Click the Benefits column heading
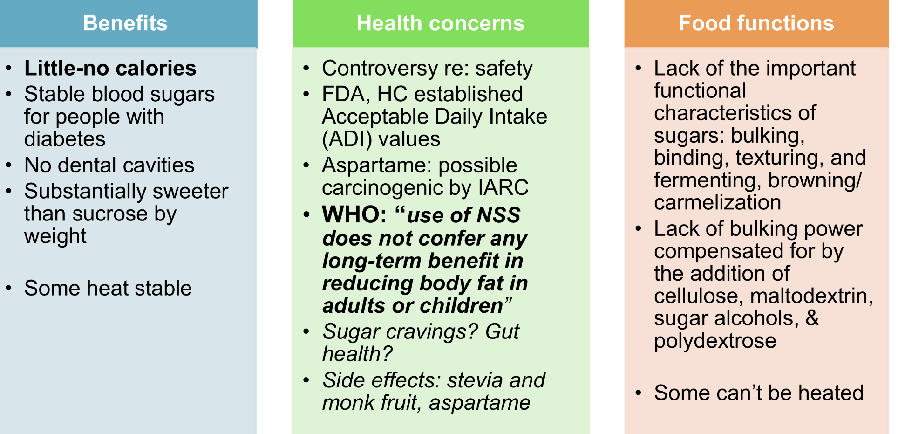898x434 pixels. [x=125, y=23]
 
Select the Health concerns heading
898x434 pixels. [x=440, y=23]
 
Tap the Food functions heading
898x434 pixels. [x=756, y=23]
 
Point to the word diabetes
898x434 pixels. [x=65, y=139]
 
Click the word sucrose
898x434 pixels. [x=118, y=214]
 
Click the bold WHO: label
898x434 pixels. [x=354, y=215]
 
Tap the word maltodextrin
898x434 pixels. [x=811, y=296]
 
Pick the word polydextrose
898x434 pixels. [x=715, y=341]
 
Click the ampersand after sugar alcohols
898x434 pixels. [x=812, y=318]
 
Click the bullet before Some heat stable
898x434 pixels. [x=8, y=288]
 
